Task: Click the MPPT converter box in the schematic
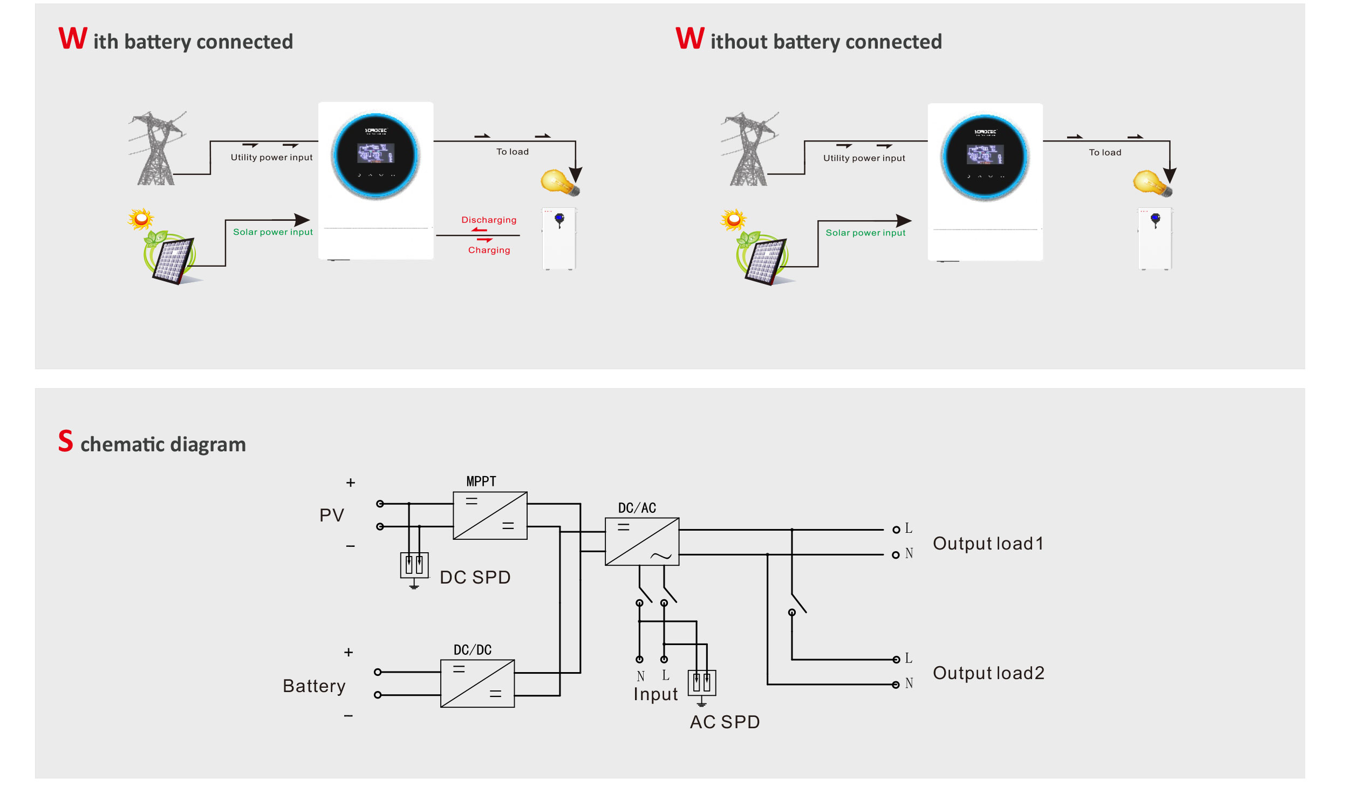(490, 515)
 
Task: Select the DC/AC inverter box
(641, 541)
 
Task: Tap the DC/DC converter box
(477, 683)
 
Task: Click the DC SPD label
(475, 577)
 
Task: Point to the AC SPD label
(725, 722)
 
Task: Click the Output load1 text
(988, 543)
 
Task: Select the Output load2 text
(988, 673)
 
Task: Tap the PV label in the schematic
(331, 515)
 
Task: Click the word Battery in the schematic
(314, 686)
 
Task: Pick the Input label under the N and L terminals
(655, 694)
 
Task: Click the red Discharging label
(489, 220)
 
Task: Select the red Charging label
(489, 250)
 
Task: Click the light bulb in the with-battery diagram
(559, 182)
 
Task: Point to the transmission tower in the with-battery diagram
(156, 148)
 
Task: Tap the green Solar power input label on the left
(272, 232)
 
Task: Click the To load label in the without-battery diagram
(1104, 152)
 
